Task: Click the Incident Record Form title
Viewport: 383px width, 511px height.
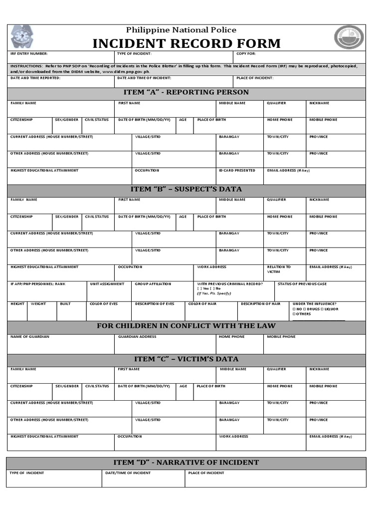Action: pyautogui.click(x=187, y=43)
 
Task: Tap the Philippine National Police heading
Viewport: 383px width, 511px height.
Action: pyautogui.click(x=181, y=30)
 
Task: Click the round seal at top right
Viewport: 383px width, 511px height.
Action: pyautogui.click(x=349, y=37)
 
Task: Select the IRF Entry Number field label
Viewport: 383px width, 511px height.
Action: pyautogui.click(x=29, y=53)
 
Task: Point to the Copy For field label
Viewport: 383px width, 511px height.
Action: pyautogui.click(x=246, y=53)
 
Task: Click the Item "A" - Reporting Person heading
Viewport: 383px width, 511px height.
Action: pyautogui.click(x=186, y=92)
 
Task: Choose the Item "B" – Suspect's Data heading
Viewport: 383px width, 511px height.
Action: pyautogui.click(x=186, y=189)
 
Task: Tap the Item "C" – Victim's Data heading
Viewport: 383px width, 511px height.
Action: pyautogui.click(x=186, y=359)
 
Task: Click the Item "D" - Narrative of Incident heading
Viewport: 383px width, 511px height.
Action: pyautogui.click(x=186, y=462)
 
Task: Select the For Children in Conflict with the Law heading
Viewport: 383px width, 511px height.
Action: pyautogui.click(x=186, y=326)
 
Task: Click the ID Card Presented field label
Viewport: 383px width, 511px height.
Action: pyautogui.click(x=237, y=171)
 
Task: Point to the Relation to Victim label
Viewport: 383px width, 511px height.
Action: pyautogui.click(x=279, y=269)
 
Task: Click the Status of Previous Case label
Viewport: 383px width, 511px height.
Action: pyautogui.click(x=302, y=284)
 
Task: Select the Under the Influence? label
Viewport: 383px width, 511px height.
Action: pyautogui.click(x=314, y=304)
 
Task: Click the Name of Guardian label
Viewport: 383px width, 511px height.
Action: pyautogui.click(x=30, y=337)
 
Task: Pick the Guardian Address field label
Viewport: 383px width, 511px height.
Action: pyautogui.click(x=137, y=337)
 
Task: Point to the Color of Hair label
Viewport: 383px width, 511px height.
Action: pyautogui.click(x=202, y=304)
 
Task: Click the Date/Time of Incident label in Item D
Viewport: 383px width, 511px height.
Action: pyautogui.click(x=127, y=473)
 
